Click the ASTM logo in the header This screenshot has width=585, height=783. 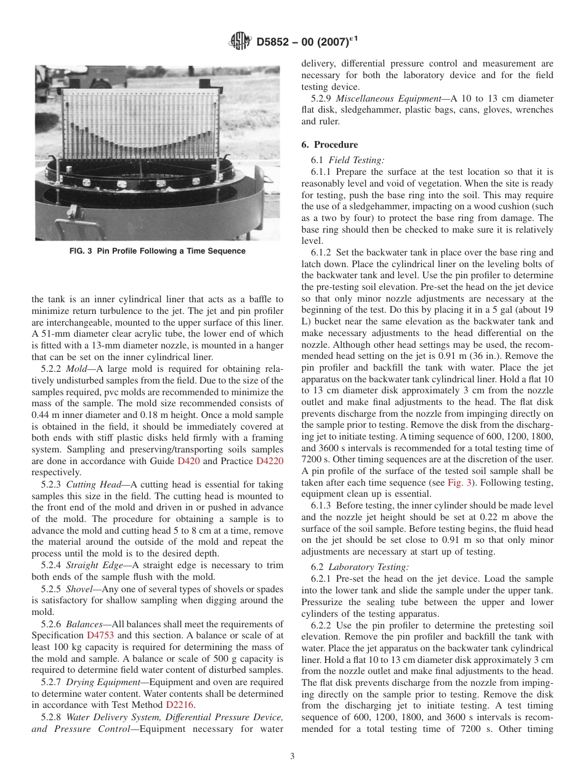[239, 42]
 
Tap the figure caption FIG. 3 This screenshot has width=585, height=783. [157, 251]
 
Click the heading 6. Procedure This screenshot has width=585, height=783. [329, 145]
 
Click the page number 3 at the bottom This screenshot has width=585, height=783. [292, 756]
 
